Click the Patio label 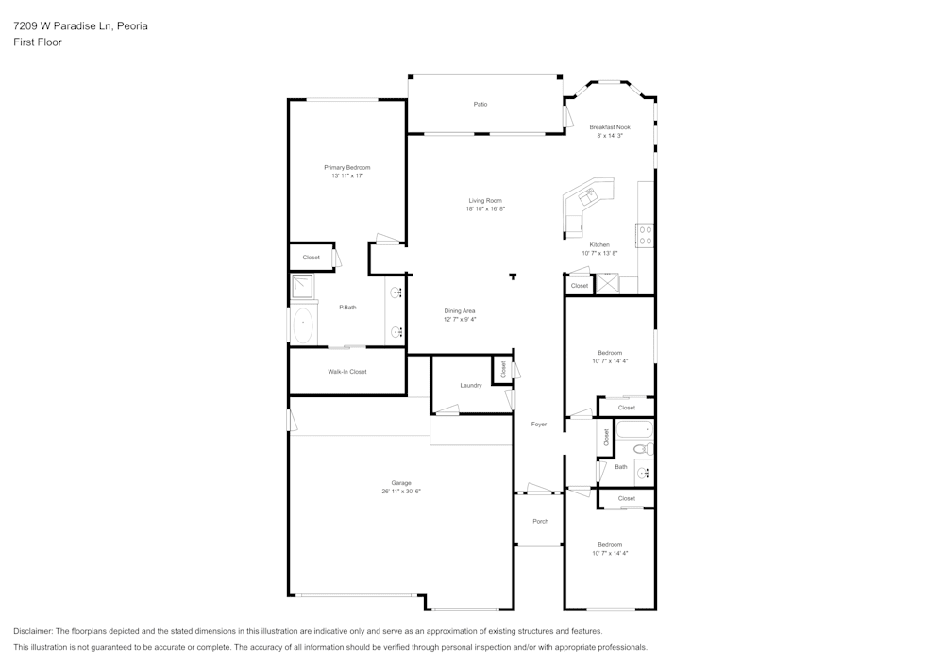point(480,104)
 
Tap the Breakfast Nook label point(610,127)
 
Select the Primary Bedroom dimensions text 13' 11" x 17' point(347,175)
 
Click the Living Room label point(485,200)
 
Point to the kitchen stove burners point(646,235)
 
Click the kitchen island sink point(587,195)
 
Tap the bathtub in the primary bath point(303,326)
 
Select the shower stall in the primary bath point(302,287)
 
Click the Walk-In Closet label point(347,371)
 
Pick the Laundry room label point(471,385)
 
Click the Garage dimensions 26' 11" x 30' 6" point(401,491)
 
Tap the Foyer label point(539,424)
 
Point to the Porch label point(541,521)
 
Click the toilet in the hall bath point(643,449)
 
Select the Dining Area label point(460,311)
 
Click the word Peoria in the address point(132,25)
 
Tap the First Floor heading point(38,42)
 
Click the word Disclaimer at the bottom point(32,631)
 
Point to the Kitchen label point(599,244)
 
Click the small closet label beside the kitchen point(580,286)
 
